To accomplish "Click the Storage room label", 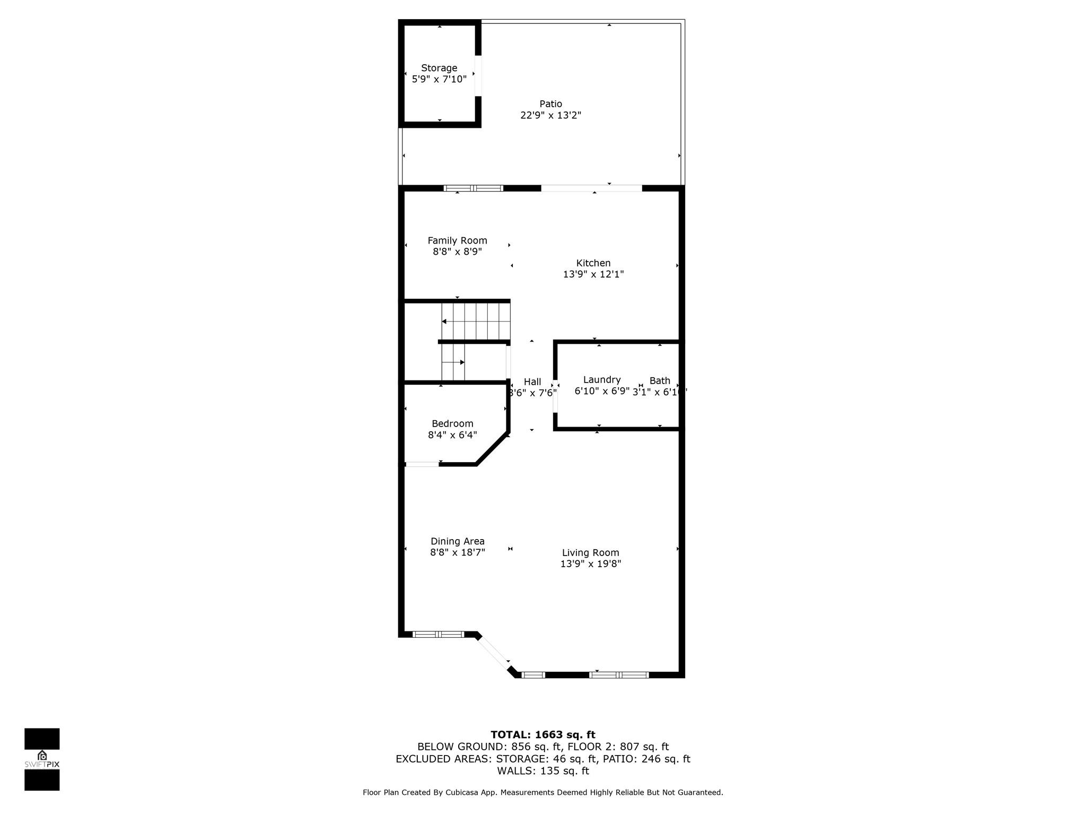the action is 439,68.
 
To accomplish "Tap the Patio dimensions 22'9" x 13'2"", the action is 551,115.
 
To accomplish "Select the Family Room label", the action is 457,241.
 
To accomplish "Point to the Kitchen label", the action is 593,263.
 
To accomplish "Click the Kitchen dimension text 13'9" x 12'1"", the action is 593,274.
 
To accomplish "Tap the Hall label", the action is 532,382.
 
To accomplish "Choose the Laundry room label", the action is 602,380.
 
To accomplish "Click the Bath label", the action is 660,380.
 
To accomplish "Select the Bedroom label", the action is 452,423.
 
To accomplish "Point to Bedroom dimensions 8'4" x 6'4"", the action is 452,435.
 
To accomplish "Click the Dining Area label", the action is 457,541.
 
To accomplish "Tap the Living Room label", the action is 591,553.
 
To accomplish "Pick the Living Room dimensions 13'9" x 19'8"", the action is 591,564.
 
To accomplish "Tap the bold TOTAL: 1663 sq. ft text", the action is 543,735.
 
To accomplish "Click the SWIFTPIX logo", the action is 42,759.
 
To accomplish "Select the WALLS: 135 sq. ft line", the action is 543,771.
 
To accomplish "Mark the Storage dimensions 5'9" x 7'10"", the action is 439,80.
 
